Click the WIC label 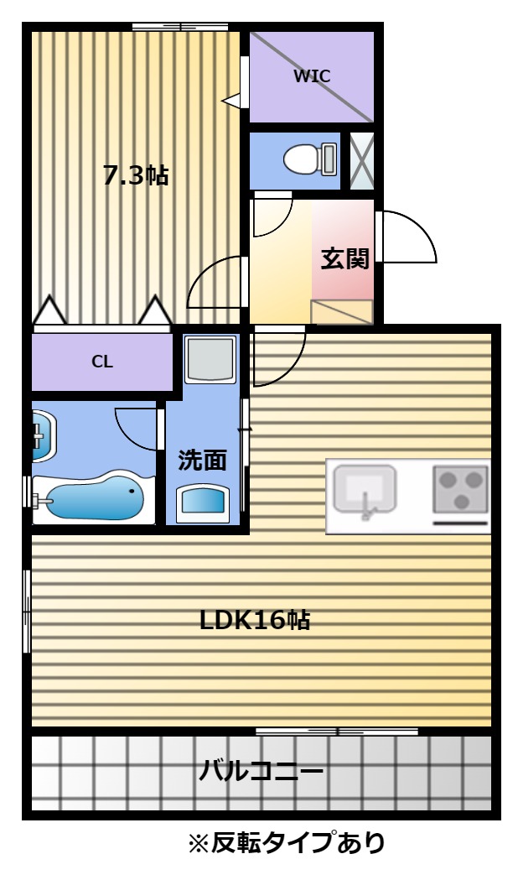(312, 76)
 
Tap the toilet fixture (310, 159)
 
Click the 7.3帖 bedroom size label (136, 175)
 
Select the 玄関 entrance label (344, 258)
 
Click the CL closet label (102, 362)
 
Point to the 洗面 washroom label (202, 460)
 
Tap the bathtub (94, 499)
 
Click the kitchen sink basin (365, 488)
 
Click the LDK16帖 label (255, 620)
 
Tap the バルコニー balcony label (262, 771)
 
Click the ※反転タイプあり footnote (287, 842)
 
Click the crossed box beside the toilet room (361, 160)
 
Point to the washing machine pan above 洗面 (210, 360)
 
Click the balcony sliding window (337, 732)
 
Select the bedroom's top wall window (180, 26)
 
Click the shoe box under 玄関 (342, 312)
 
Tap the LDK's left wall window (26, 612)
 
